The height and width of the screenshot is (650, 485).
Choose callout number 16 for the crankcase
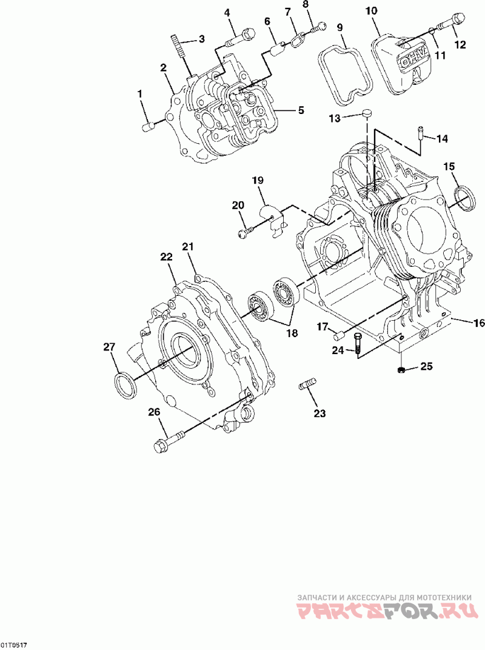click(478, 323)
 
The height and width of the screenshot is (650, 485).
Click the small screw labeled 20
click(244, 230)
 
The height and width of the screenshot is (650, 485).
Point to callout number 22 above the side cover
click(166, 257)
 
